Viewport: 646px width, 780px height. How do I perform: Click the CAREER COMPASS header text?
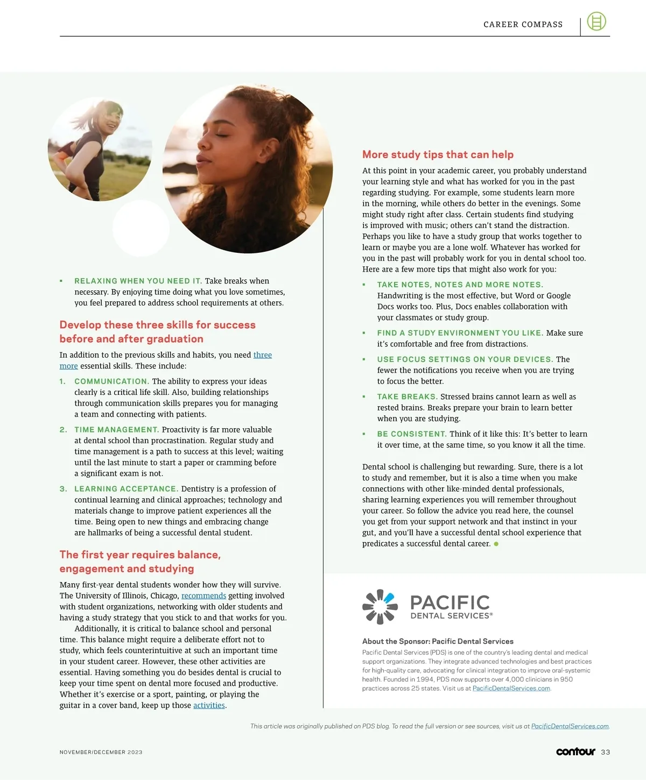point(523,24)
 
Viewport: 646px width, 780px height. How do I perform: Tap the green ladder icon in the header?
point(596,22)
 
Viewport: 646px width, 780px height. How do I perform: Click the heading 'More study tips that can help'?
point(438,154)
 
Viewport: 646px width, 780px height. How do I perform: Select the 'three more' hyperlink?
point(262,355)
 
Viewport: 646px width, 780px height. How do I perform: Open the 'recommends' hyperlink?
point(203,595)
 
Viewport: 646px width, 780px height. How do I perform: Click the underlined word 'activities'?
point(209,705)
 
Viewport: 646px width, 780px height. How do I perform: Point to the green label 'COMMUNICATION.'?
point(111,381)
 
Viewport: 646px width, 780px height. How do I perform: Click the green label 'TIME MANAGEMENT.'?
point(116,430)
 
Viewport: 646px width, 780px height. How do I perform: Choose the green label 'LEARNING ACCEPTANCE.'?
point(126,489)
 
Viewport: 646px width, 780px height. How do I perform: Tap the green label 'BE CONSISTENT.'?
point(412,434)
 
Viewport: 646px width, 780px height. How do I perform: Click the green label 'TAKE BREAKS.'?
point(407,396)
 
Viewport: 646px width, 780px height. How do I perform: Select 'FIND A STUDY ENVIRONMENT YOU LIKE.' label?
point(460,333)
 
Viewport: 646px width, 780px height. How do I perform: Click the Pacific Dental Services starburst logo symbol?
point(380,607)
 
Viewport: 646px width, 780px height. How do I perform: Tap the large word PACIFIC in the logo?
point(450,602)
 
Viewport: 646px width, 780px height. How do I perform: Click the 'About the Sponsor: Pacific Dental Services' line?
point(438,641)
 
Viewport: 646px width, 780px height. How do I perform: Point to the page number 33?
point(606,752)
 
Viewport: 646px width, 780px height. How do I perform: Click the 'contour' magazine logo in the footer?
point(575,751)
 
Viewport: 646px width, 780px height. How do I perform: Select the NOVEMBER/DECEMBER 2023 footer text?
point(101,752)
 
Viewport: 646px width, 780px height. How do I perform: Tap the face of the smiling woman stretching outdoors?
point(113,119)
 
